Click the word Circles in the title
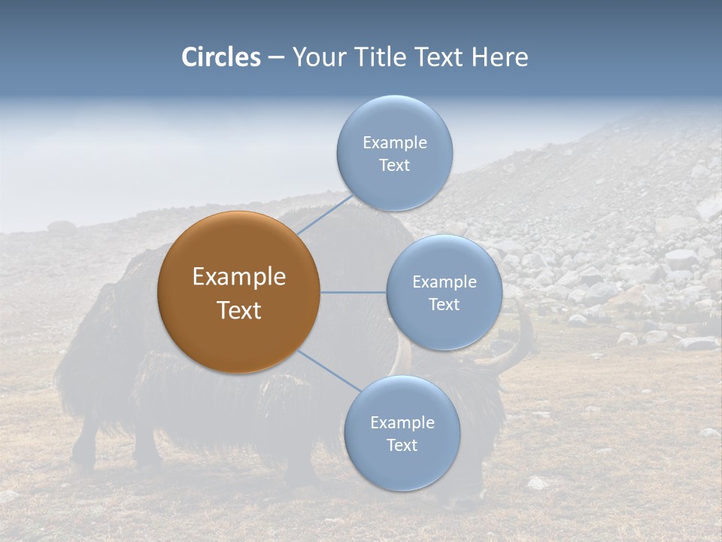(220, 57)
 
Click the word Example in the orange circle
(239, 277)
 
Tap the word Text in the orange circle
(239, 310)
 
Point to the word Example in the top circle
(395, 143)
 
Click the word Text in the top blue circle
(394, 166)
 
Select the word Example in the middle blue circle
(444, 282)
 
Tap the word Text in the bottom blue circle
(402, 446)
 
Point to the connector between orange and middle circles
(353, 292)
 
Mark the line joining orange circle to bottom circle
(329, 370)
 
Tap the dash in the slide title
(276, 58)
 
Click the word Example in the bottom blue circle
(402, 423)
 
